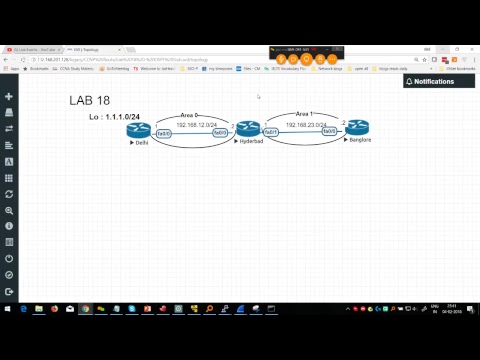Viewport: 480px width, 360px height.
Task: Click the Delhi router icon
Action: pos(138,129)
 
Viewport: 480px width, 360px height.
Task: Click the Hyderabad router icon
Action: pos(248,128)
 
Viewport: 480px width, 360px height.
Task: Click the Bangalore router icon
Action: pos(358,127)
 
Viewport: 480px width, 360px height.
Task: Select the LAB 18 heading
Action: pos(89,100)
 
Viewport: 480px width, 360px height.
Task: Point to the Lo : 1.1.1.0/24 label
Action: pos(114,117)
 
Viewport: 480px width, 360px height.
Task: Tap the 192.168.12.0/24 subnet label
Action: pos(196,125)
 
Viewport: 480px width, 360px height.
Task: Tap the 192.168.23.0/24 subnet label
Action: pos(307,125)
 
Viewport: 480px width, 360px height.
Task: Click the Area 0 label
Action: pos(190,116)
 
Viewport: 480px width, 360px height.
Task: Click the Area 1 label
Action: pos(305,114)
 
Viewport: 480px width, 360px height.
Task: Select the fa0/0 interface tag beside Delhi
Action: pos(164,133)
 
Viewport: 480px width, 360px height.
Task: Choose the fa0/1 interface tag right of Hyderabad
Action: pos(271,132)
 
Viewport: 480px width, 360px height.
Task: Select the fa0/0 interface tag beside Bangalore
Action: pos(328,131)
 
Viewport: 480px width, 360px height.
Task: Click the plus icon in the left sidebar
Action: pos(9,97)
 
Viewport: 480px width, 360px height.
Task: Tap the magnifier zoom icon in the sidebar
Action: pos(9,210)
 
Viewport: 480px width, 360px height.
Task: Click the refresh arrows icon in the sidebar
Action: pos(9,194)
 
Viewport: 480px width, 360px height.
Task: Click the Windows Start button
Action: pos(7,310)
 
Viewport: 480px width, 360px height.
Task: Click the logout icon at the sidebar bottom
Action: pos(9,291)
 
